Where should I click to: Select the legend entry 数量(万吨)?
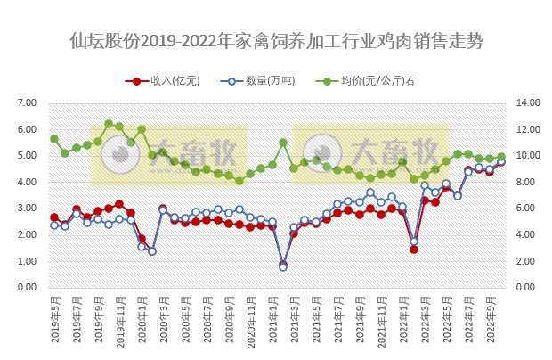point(263,80)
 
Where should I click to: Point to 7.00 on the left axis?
point(27,103)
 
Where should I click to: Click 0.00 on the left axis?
point(27,288)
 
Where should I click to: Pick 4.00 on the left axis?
point(27,182)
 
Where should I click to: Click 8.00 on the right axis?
point(526,182)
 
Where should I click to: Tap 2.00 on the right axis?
point(526,261)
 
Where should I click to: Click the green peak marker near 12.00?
point(109,124)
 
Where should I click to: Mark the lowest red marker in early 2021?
point(283,264)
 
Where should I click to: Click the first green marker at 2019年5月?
point(54,139)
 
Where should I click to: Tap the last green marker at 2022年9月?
point(500,157)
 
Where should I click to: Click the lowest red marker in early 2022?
point(414,249)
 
